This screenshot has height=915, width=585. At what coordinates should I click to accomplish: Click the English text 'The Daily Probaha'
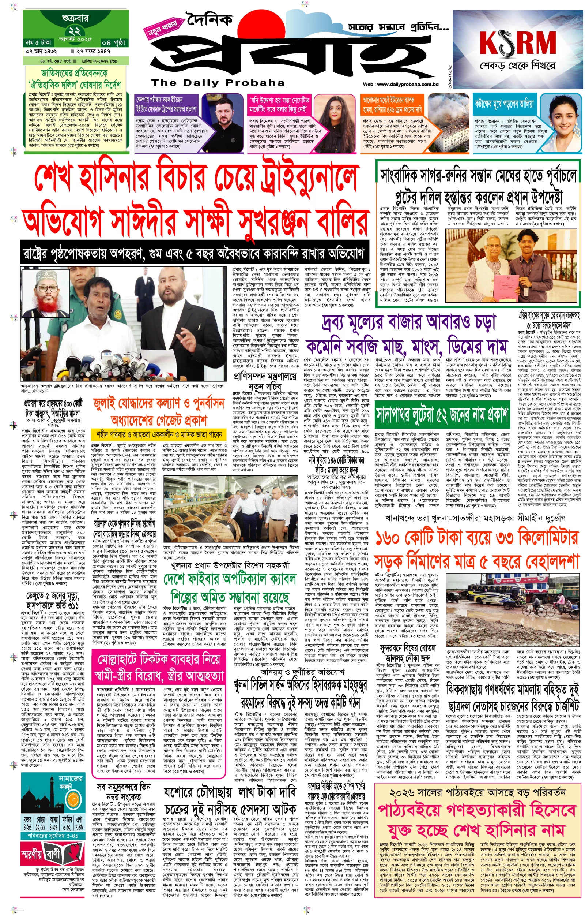pos(218,83)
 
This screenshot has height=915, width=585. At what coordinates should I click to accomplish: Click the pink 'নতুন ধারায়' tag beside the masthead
pos(163,29)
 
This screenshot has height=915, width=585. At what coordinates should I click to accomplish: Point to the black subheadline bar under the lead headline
pos(195,253)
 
